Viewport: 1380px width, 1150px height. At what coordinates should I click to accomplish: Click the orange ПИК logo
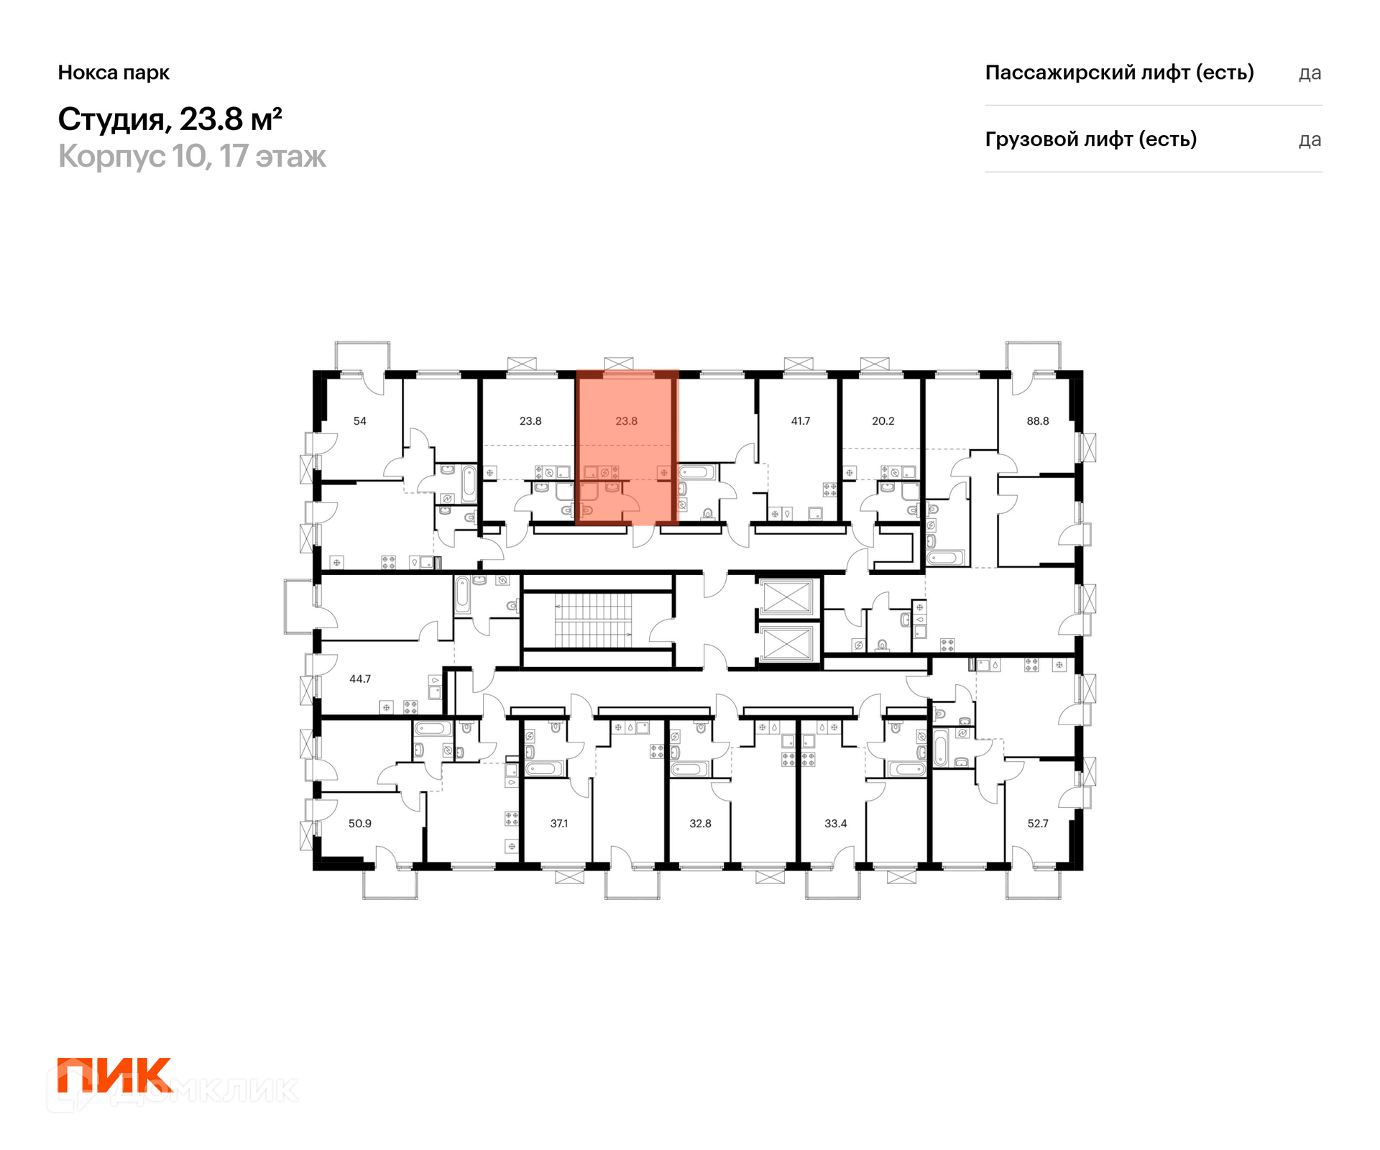[x=115, y=1075]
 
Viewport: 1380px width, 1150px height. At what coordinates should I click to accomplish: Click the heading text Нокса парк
[x=114, y=73]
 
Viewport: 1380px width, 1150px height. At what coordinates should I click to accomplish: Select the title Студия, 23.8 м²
[x=170, y=119]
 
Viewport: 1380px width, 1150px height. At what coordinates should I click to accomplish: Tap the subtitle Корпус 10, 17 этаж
[x=192, y=156]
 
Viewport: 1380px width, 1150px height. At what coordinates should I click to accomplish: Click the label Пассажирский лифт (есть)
[x=1119, y=73]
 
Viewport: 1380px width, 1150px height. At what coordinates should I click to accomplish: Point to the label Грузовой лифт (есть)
[x=1091, y=139]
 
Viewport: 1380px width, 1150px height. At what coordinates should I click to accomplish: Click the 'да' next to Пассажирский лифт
[x=1310, y=73]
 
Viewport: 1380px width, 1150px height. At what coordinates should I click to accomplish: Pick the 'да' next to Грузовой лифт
[x=1310, y=140]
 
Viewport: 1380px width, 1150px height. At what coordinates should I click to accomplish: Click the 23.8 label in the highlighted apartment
[x=626, y=421]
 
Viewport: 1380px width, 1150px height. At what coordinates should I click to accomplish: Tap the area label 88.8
[x=1037, y=421]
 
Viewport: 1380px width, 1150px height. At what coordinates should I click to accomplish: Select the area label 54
[x=359, y=421]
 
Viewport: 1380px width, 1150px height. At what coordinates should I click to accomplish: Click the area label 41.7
[x=800, y=421]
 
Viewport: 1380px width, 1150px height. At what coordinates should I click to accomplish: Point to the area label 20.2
[x=883, y=421]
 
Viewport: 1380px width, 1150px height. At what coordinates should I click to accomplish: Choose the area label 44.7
[x=359, y=678]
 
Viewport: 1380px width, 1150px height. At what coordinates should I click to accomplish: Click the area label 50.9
[x=359, y=824]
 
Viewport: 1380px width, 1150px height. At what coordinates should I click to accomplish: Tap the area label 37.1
[x=558, y=824]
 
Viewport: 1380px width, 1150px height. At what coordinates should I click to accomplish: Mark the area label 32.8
[x=700, y=824]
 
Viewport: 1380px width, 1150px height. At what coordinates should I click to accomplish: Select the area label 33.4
[x=835, y=824]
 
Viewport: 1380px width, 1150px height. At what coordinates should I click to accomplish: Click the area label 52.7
[x=1037, y=824]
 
